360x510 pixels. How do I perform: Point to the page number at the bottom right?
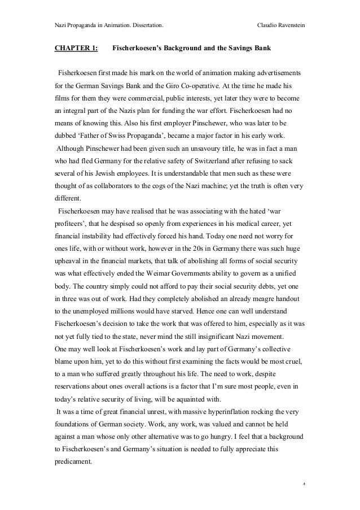304,485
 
